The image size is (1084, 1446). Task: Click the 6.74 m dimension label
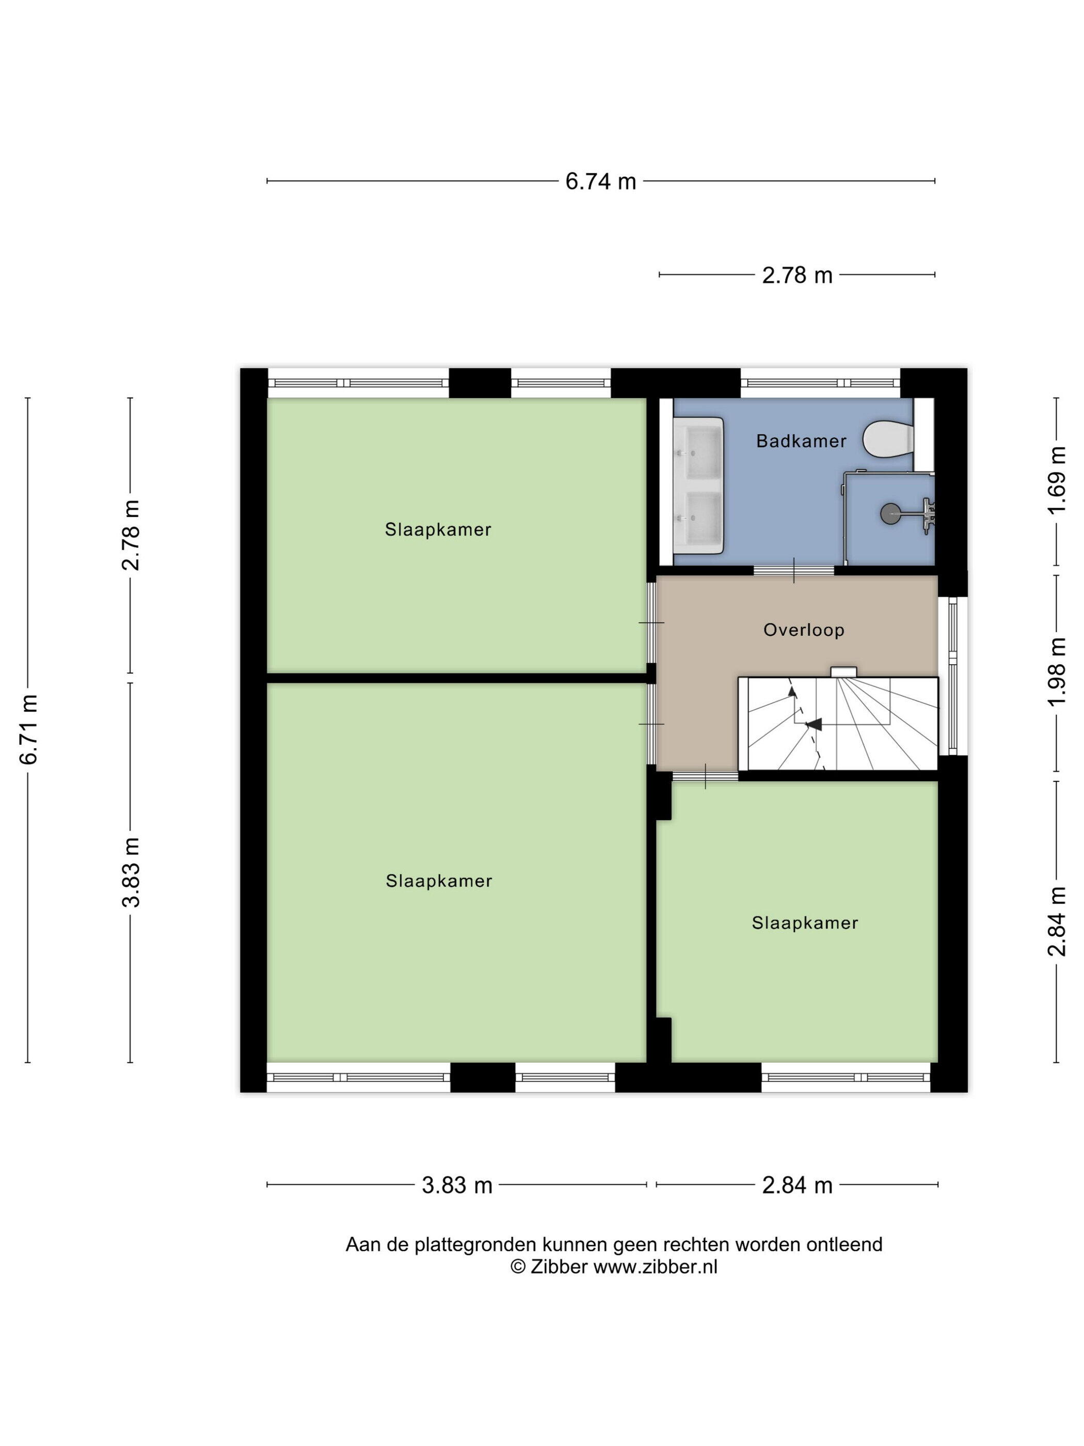coord(600,181)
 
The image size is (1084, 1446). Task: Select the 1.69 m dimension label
coord(1057,480)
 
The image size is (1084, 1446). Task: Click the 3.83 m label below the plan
coord(457,1185)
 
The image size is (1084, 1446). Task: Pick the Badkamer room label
coord(801,441)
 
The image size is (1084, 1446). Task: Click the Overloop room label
coord(804,630)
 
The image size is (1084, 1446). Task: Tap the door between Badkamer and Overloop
coord(794,570)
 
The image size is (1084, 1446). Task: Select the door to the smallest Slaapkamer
coord(705,776)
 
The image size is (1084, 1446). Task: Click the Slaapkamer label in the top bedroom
coord(438,529)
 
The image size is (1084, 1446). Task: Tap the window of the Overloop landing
coord(953,676)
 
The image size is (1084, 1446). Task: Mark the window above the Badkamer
coord(820,383)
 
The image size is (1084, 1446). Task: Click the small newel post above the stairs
coord(843,671)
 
